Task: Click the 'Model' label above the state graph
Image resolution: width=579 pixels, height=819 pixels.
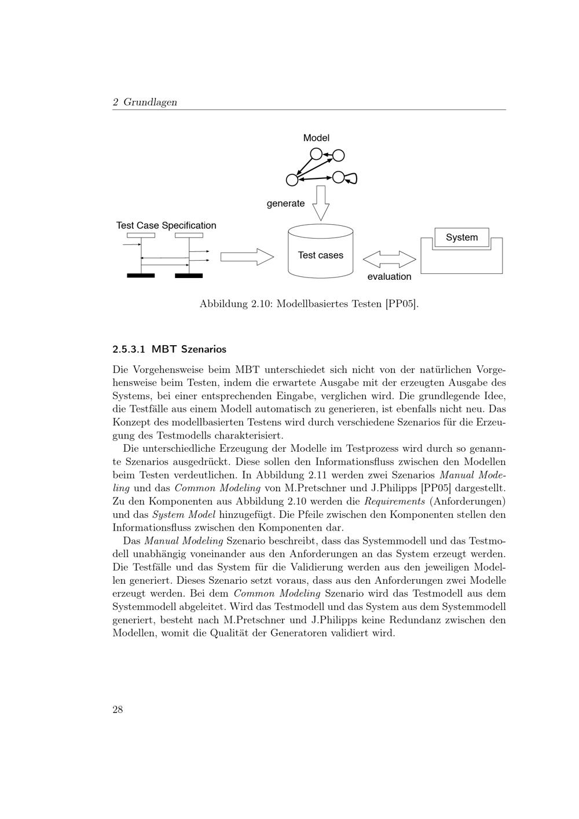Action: (316, 138)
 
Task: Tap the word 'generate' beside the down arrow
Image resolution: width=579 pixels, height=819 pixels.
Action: (285, 203)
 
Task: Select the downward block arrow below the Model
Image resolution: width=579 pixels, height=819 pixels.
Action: (321, 203)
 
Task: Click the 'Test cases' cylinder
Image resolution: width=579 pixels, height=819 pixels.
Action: (320, 255)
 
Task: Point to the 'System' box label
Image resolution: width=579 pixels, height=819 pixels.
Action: (461, 237)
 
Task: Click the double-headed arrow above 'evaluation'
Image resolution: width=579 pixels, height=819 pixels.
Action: (390, 258)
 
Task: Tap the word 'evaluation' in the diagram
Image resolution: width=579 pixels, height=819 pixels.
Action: (389, 276)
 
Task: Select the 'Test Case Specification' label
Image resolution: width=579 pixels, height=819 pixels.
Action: (166, 225)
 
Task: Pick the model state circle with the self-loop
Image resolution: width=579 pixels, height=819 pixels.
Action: (339, 177)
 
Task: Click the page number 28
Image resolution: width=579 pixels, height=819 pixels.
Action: (118, 710)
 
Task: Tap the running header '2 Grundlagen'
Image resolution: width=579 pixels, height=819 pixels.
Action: (145, 102)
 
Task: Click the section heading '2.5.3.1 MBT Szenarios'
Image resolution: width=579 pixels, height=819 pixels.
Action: (169, 349)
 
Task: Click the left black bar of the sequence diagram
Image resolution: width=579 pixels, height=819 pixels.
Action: (141, 276)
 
